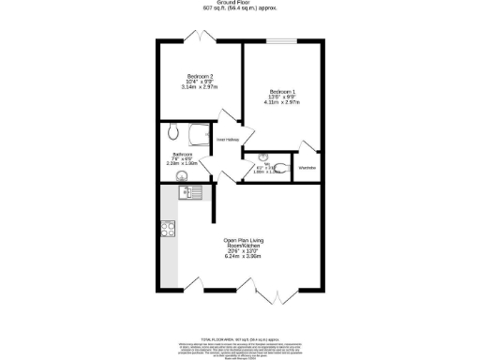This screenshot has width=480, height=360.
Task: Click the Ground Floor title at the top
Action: [240, 3]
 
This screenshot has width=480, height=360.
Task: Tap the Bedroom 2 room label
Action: [201, 75]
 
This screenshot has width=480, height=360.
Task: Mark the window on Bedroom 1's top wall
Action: [283, 41]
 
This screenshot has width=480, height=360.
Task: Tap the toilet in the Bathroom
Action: [175, 132]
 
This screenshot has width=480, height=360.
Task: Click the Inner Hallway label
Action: [228, 141]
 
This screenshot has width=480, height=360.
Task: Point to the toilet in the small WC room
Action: [282, 168]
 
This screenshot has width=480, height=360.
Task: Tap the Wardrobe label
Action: [307, 168]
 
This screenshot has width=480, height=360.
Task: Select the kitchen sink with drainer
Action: [187, 192]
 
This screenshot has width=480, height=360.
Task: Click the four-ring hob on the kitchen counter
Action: [169, 227]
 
